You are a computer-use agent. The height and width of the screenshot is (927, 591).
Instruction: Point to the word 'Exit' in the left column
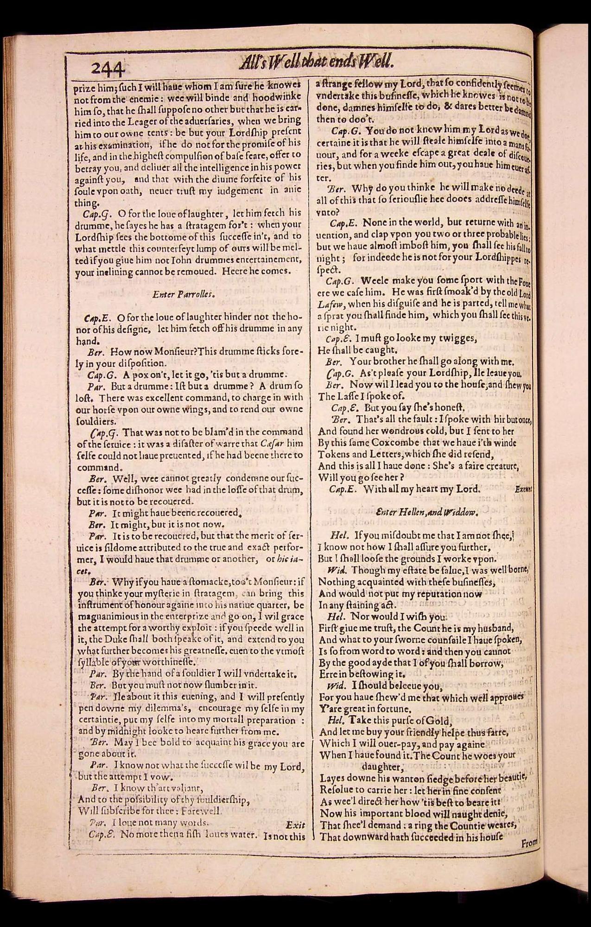tap(295, 825)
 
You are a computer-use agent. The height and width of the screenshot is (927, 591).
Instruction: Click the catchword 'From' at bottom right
tap(529, 843)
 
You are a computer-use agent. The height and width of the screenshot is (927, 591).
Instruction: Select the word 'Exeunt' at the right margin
tap(523, 489)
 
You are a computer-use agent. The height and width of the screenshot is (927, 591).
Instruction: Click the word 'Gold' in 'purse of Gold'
tap(439, 721)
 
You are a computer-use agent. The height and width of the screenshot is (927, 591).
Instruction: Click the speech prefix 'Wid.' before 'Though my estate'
tap(335, 570)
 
